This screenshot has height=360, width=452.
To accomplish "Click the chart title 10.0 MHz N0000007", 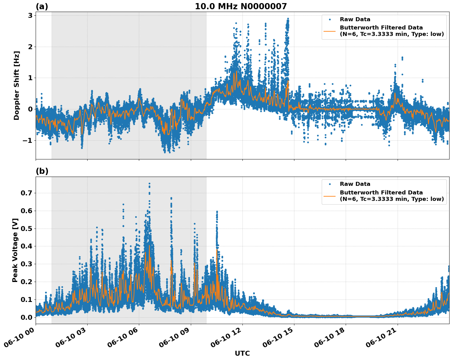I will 241,6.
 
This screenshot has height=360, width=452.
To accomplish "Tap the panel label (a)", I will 42,6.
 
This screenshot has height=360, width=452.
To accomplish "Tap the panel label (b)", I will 42,171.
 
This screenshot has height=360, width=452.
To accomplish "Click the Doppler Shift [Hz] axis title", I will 17,85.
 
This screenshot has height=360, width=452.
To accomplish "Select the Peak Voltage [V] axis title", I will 15,250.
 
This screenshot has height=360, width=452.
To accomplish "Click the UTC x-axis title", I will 242,353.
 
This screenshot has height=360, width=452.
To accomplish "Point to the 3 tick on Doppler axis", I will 30,15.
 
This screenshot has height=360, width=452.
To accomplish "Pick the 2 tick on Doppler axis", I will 30,47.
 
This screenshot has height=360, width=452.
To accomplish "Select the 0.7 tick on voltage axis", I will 27,193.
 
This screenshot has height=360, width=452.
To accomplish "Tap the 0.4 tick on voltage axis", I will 27,246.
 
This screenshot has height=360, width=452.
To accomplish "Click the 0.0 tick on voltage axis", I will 27,317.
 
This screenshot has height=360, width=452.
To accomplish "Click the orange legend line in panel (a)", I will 329,31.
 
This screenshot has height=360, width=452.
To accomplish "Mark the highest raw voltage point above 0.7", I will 149,184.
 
